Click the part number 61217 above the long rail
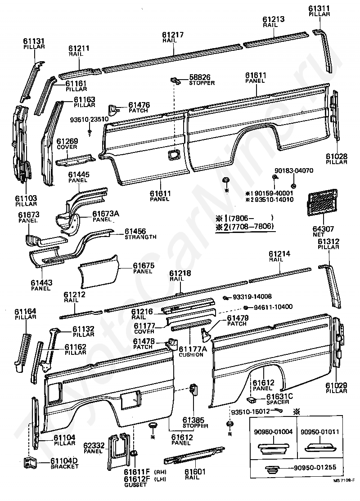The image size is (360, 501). (173, 35)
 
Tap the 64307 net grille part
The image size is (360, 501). (322, 203)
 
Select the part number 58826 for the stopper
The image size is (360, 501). (200, 77)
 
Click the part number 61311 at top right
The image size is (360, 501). (319, 8)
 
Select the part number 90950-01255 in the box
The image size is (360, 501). (315, 467)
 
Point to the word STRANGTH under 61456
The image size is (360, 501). (140, 237)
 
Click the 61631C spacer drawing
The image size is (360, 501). (252, 399)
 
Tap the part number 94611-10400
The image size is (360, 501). (273, 307)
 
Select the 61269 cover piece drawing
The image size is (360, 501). (76, 160)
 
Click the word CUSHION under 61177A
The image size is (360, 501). (191, 355)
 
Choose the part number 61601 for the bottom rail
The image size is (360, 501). (195, 472)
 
